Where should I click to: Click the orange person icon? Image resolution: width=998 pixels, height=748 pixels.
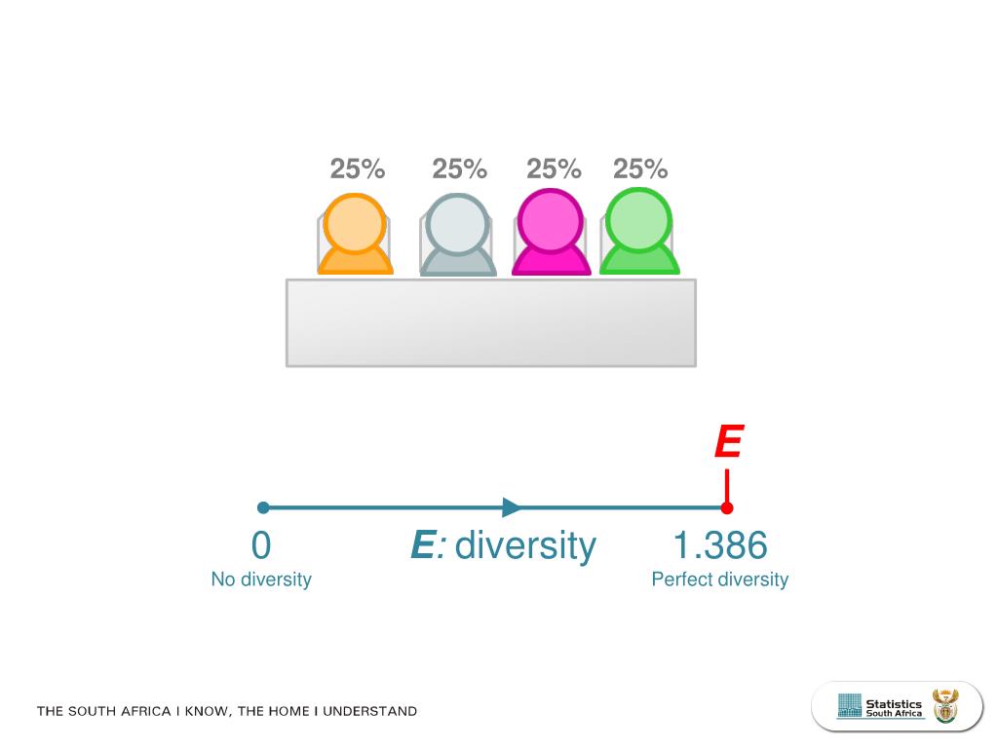[355, 236]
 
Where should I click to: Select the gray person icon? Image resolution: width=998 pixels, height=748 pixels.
[457, 236]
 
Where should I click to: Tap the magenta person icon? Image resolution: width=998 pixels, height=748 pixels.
[552, 234]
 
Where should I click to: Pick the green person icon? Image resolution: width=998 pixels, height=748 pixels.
[638, 232]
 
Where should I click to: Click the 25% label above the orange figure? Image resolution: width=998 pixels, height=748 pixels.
[357, 169]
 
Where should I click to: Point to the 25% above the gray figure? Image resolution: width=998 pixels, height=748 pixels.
[459, 169]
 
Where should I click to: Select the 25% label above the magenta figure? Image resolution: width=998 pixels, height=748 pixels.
[554, 169]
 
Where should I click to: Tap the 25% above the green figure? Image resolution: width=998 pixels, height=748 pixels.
[640, 169]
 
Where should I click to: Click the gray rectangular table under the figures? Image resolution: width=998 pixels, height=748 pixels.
[490, 322]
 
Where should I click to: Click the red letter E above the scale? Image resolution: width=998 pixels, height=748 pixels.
[728, 443]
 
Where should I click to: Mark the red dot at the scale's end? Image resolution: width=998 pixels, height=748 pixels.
[727, 507]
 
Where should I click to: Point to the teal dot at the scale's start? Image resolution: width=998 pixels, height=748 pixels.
[263, 507]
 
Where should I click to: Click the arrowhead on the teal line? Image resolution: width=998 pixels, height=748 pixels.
[512, 507]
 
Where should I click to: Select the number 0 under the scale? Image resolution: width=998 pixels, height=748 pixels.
[260, 545]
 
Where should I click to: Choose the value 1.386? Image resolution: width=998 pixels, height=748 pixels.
[720, 545]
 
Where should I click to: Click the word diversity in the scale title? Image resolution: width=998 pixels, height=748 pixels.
[525, 545]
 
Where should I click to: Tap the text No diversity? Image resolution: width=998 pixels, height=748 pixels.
[261, 580]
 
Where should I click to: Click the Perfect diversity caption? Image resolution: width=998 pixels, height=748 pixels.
[719, 580]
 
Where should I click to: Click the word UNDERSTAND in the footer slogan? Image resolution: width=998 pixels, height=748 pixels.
[369, 711]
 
